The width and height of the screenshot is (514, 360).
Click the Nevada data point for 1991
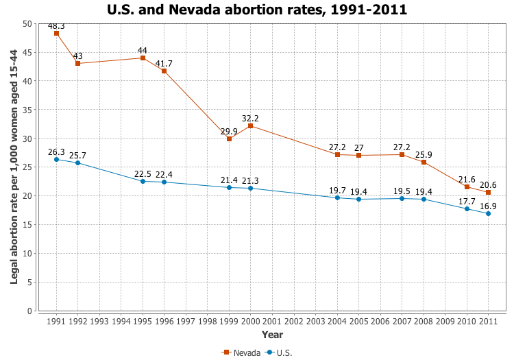pyautogui.click(x=56, y=33)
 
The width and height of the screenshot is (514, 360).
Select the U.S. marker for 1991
pyautogui.click(x=56, y=159)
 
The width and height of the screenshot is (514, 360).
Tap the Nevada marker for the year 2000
pyautogui.click(x=251, y=125)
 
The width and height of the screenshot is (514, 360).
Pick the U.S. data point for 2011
pyautogui.click(x=488, y=213)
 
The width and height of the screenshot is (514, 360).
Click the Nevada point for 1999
pyautogui.click(x=229, y=139)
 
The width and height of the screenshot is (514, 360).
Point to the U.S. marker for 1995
pyautogui.click(x=143, y=181)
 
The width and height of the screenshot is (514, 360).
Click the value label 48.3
pyautogui.click(x=56, y=25)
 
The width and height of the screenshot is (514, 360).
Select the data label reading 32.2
pyautogui.click(x=251, y=118)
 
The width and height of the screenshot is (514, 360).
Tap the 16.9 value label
pyautogui.click(x=488, y=206)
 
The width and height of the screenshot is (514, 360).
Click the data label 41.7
pyautogui.click(x=164, y=63)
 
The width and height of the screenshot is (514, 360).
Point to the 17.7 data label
pyautogui.click(x=467, y=201)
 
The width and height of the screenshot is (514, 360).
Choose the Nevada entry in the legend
pyautogui.click(x=241, y=352)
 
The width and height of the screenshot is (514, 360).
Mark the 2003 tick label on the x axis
pyautogui.click(x=315, y=321)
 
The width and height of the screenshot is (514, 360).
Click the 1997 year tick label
pyautogui.click(x=186, y=321)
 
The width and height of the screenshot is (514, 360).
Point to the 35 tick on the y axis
pyautogui.click(x=27, y=109)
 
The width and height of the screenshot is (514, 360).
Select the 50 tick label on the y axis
pyautogui.click(x=27, y=23)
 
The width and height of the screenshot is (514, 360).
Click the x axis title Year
pyautogui.click(x=272, y=335)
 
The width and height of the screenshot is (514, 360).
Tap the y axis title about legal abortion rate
pyautogui.click(x=14, y=167)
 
